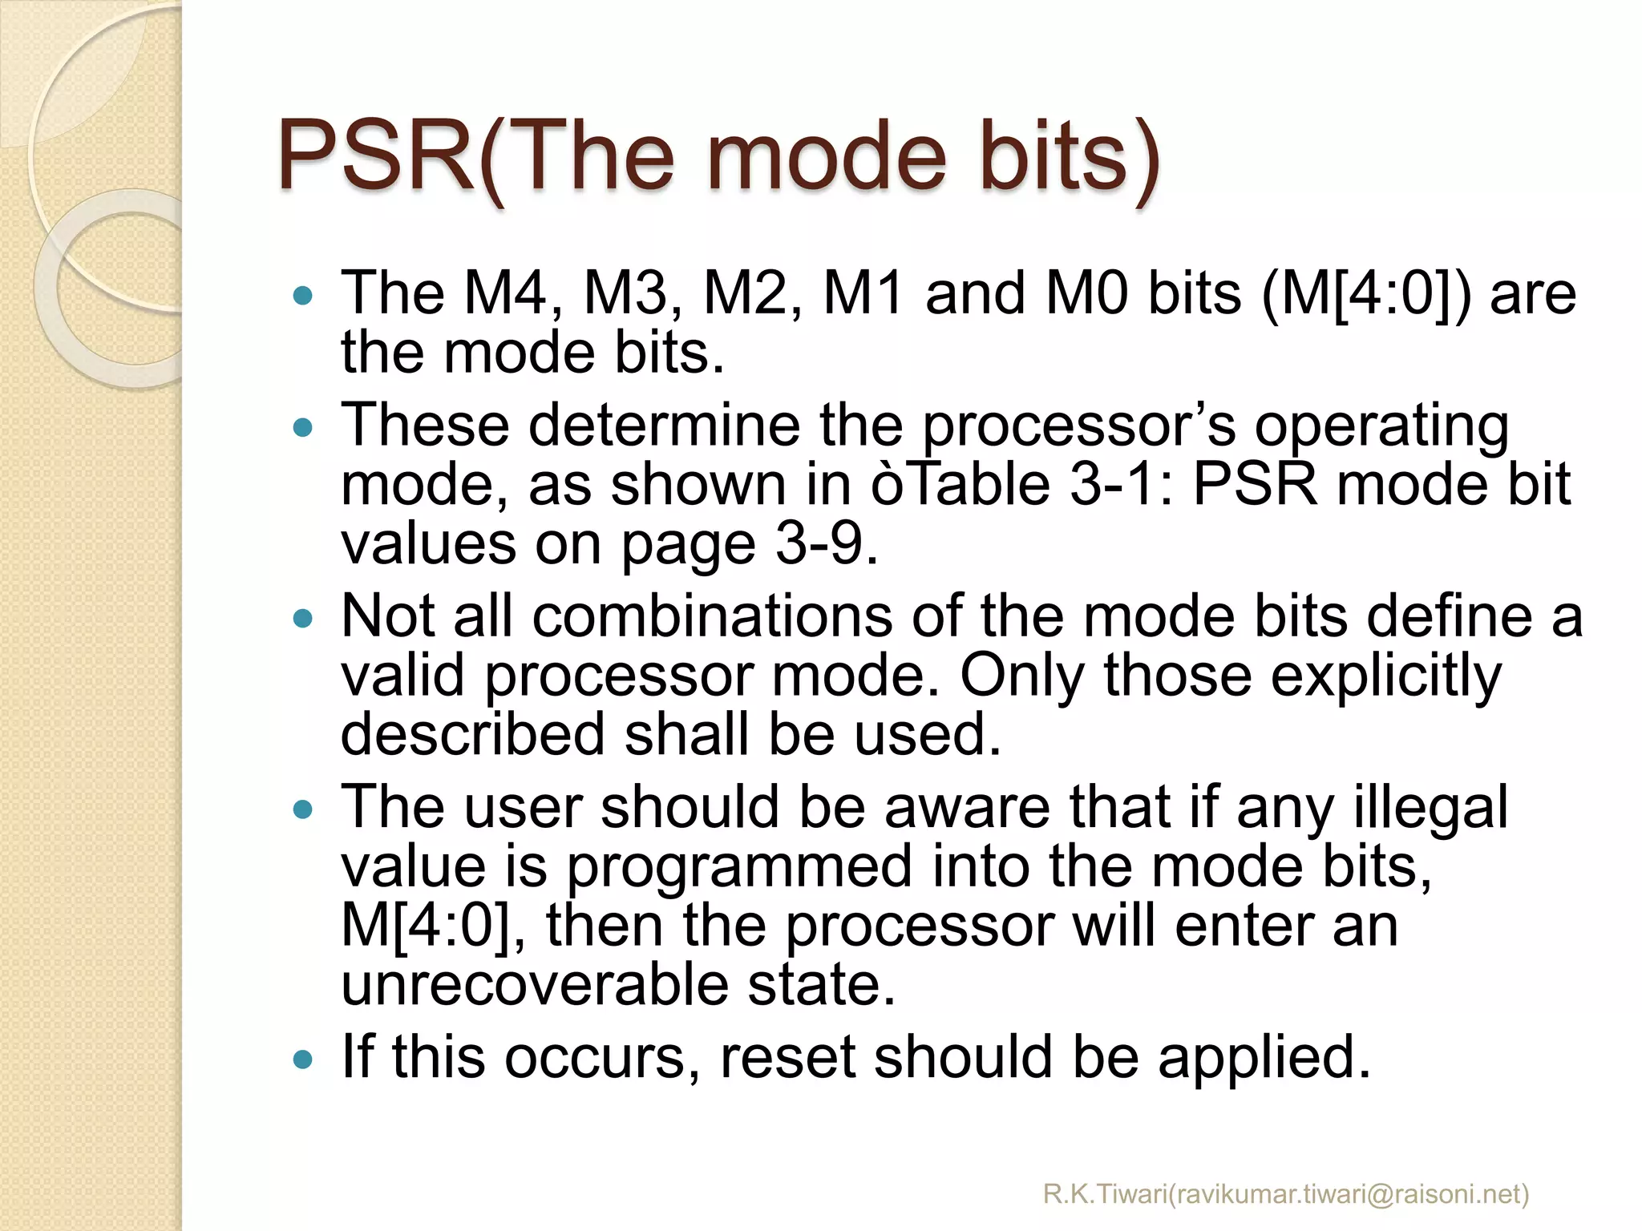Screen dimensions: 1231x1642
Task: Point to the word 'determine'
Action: [x=664, y=425]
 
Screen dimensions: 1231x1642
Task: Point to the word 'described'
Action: [x=472, y=734]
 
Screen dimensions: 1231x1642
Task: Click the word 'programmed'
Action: [x=739, y=866]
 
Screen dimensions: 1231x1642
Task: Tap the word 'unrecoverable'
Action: [x=535, y=985]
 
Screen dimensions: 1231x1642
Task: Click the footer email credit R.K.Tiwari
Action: [x=1286, y=1194]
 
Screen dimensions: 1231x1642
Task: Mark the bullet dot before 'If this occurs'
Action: [x=303, y=1060]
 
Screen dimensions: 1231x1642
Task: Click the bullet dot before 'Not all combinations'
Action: [x=303, y=619]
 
